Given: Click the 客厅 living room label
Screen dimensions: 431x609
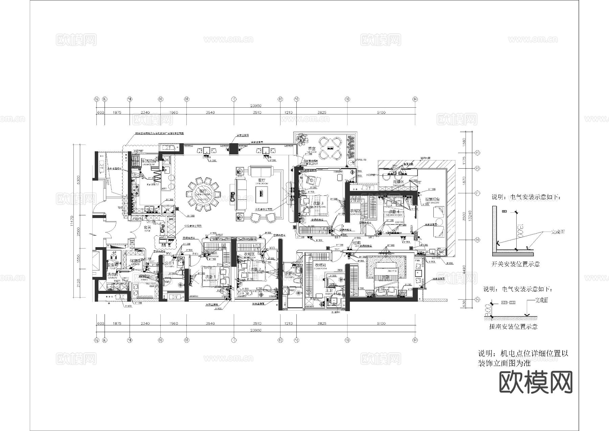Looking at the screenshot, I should (x=262, y=180).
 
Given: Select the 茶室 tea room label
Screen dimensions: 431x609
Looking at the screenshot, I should (x=312, y=149).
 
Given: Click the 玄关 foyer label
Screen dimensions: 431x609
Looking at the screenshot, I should (x=147, y=228).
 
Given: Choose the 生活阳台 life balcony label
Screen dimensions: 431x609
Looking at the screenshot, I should (x=149, y=161).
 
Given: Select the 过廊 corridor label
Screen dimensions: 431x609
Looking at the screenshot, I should (x=357, y=242).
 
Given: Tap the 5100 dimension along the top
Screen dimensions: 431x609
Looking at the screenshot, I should (x=381, y=112).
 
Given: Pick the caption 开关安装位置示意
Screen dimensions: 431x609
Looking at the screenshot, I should (x=515, y=264).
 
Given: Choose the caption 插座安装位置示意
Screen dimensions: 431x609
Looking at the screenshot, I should (x=513, y=326).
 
